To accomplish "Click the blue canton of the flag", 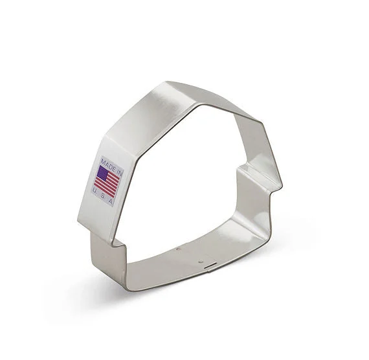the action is (x=104, y=173).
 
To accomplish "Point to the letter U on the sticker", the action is (x=95, y=190).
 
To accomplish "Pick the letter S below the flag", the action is (x=102, y=196).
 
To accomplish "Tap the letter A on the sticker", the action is (x=111, y=201).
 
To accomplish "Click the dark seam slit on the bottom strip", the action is (x=210, y=267).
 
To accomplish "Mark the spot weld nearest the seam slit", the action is (x=200, y=262).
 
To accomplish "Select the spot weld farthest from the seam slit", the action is (x=179, y=249).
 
